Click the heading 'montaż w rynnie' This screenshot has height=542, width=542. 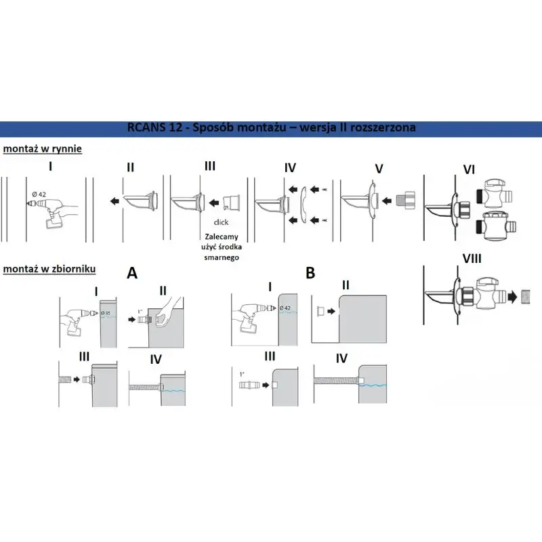(x=43, y=149)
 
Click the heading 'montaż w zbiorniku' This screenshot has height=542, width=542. (x=49, y=269)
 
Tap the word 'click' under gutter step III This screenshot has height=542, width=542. (x=221, y=222)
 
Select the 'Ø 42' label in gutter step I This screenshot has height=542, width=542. (x=39, y=194)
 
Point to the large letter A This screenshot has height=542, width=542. (x=132, y=273)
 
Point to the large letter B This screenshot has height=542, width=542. (x=310, y=273)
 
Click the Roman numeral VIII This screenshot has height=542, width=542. (x=472, y=259)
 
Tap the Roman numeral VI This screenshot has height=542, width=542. (x=469, y=169)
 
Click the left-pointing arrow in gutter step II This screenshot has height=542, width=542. (x=114, y=201)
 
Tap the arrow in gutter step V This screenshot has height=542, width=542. (x=386, y=201)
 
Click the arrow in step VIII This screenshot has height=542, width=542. (x=512, y=297)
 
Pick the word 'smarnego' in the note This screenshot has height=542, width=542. (x=222, y=257)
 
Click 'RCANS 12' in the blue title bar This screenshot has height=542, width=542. (x=154, y=127)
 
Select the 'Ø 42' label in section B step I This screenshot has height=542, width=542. (x=285, y=308)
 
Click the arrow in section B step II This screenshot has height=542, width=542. (x=331, y=312)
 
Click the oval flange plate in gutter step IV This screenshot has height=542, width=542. (x=303, y=205)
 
